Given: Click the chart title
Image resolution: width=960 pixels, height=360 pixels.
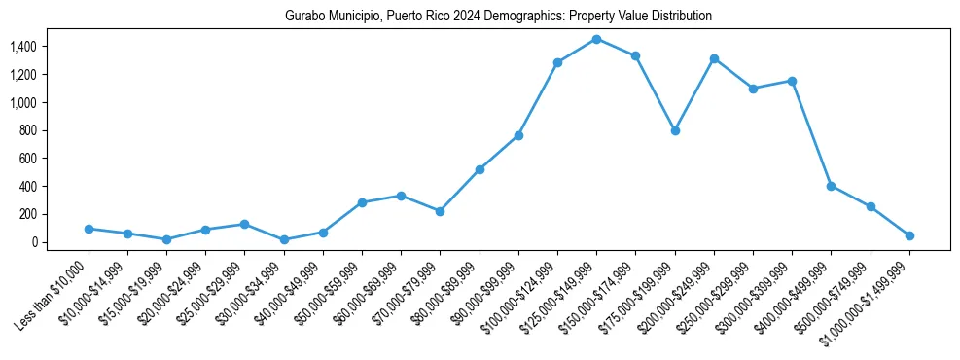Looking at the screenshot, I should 498,17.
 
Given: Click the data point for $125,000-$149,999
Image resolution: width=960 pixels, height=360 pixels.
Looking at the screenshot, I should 596,39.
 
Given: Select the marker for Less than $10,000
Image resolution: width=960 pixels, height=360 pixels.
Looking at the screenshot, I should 89,229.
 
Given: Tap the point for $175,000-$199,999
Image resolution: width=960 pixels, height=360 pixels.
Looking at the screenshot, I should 675,130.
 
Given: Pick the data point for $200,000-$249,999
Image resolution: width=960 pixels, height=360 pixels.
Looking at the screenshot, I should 714,58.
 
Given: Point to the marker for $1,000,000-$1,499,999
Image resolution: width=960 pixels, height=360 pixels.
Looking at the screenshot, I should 909,235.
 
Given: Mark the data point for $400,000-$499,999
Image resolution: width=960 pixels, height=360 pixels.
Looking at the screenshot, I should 831,186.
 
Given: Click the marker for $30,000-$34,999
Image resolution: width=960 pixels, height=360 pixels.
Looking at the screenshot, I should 284,239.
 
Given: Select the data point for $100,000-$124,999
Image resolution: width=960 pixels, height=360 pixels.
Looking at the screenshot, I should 557,62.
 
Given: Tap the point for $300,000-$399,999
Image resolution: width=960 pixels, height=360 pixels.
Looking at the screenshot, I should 792,81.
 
